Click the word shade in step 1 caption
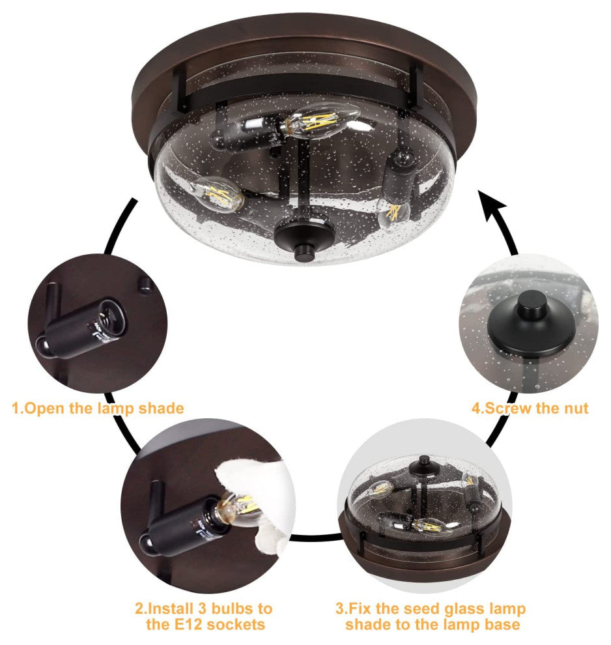pos(161,408)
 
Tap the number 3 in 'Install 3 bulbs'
pos(203,609)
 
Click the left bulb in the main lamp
pos(217,194)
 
